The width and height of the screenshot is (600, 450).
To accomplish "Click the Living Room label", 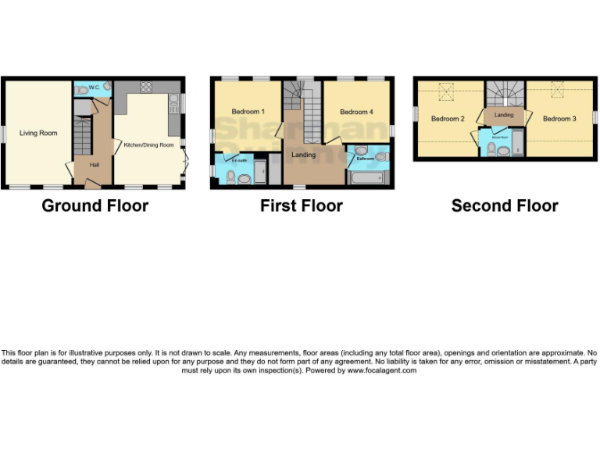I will [38, 134].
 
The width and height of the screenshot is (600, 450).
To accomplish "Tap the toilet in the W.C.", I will [83, 90].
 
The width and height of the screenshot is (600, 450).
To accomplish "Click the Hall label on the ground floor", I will [95, 165].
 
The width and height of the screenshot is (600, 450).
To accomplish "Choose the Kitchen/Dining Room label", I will [148, 145].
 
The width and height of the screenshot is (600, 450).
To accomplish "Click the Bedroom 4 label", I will [355, 112].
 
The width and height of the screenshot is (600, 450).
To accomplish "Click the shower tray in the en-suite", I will [260, 171].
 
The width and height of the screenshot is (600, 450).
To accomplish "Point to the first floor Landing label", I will [304, 155].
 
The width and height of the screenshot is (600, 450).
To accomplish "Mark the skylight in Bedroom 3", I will [558, 91].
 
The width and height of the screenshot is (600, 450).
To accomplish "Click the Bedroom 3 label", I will [559, 119].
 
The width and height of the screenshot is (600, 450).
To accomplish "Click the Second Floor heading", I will [505, 206].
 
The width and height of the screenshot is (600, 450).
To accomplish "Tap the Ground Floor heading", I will [95, 206].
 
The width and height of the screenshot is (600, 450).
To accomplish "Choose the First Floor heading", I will [302, 206].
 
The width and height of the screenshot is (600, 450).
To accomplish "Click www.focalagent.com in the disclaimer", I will [382, 370].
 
